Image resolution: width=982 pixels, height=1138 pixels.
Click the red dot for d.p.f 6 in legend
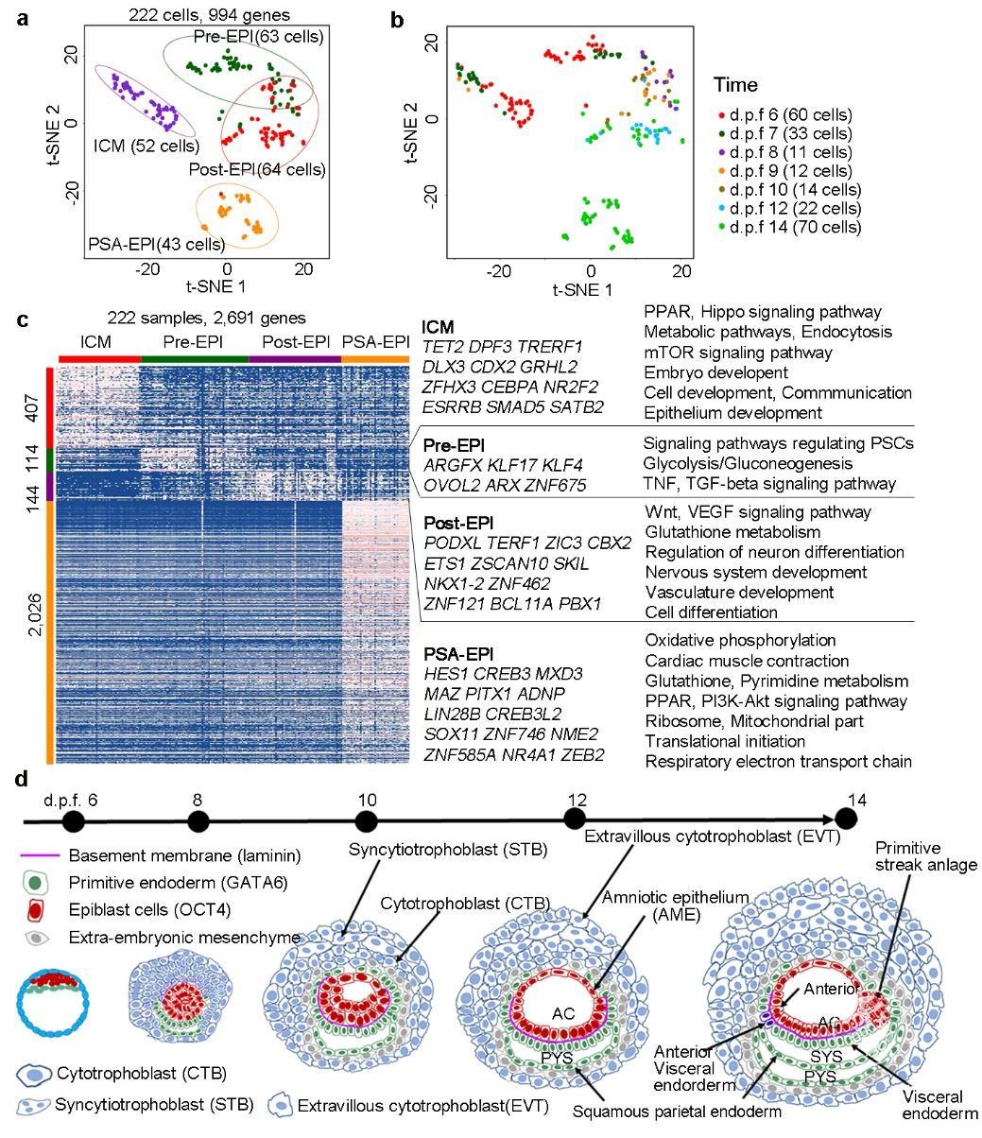(722, 116)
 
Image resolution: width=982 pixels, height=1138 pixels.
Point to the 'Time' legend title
(735, 85)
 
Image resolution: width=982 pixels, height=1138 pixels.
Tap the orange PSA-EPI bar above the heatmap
(375, 359)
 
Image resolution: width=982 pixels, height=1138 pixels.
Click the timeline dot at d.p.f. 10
(367, 822)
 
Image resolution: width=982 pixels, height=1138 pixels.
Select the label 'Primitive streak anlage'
(925, 855)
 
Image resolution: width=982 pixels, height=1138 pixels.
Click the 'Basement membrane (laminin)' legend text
(185, 856)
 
